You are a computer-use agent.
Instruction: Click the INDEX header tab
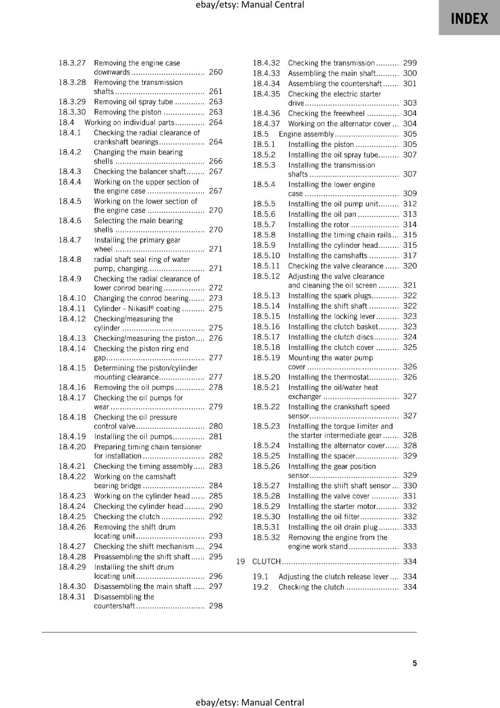click(x=469, y=19)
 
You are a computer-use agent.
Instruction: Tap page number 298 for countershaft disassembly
click(x=215, y=606)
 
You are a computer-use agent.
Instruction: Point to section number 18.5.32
click(x=266, y=537)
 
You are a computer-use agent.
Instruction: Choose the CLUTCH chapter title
click(x=266, y=562)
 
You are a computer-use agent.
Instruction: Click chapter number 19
click(x=240, y=562)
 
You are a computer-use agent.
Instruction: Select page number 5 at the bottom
click(x=415, y=663)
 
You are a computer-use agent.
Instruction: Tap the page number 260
click(x=215, y=72)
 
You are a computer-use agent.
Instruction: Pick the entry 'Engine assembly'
click(x=306, y=134)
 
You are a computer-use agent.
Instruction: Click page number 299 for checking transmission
click(x=410, y=63)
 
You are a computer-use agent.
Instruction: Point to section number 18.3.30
click(x=72, y=112)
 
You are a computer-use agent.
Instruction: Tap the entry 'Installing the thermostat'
click(x=328, y=377)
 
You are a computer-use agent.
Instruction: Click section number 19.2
click(x=261, y=587)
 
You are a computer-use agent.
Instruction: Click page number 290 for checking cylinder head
click(x=215, y=506)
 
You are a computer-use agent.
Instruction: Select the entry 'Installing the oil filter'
click(x=324, y=516)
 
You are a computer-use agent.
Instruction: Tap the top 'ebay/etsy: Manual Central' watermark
click(x=250, y=5)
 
